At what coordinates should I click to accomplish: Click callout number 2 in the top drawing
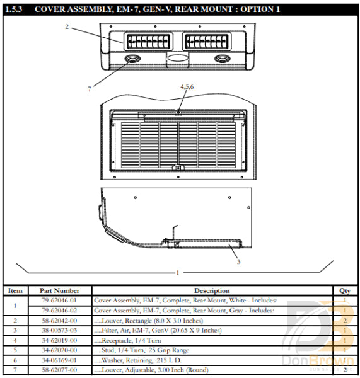[x=66, y=26]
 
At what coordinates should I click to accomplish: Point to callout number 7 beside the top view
[x=89, y=88]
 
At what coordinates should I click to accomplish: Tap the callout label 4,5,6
[x=187, y=86]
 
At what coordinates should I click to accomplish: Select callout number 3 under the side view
[x=238, y=262]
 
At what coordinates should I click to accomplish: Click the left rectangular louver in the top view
[x=149, y=42]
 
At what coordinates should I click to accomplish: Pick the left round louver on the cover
[x=133, y=59]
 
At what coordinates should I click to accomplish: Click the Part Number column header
[x=59, y=291]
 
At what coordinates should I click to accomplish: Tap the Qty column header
[x=345, y=291]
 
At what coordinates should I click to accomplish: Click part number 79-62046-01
[x=59, y=301]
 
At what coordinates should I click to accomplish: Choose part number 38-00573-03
[x=59, y=330]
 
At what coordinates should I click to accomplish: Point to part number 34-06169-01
[x=59, y=360]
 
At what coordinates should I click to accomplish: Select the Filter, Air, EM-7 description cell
[x=157, y=330]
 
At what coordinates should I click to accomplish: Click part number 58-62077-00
[x=59, y=370]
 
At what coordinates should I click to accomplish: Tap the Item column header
[x=15, y=291]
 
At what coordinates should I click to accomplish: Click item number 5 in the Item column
[x=15, y=350]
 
